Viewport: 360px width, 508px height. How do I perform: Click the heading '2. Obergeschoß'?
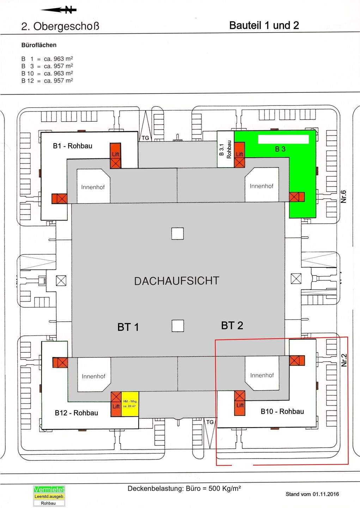[x=60, y=26]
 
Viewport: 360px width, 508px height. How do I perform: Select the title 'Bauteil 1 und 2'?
[x=264, y=25]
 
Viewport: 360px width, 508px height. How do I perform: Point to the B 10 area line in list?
[x=47, y=73]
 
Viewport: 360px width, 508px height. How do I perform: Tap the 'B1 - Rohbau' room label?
[x=73, y=146]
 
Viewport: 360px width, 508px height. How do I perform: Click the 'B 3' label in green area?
[x=280, y=149]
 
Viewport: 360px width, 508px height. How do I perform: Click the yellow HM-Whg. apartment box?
[x=130, y=404]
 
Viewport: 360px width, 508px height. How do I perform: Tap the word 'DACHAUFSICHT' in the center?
[x=177, y=281]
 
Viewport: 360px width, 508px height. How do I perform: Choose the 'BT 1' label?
[x=128, y=327]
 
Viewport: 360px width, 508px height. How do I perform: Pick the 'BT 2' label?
[x=232, y=326]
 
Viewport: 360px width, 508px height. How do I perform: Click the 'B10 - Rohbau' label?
[x=282, y=411]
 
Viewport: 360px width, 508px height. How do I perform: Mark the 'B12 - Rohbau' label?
[x=77, y=413]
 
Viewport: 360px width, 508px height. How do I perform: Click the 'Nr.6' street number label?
[x=344, y=196]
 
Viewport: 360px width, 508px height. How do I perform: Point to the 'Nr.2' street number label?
[x=344, y=360]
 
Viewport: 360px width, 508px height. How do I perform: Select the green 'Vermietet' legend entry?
[x=49, y=490]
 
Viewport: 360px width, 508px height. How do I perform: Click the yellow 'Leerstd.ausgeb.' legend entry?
[x=49, y=496]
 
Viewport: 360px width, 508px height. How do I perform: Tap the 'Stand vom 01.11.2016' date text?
[x=312, y=494]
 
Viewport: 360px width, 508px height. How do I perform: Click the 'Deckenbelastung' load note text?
[x=184, y=489]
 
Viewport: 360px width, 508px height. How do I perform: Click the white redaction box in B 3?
[x=283, y=139]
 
